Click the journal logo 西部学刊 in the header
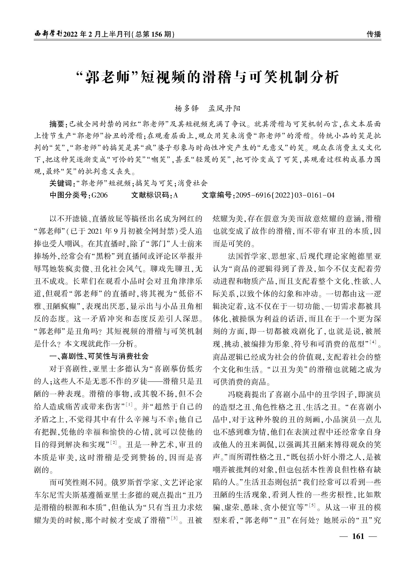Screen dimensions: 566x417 [x=48, y=34]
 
